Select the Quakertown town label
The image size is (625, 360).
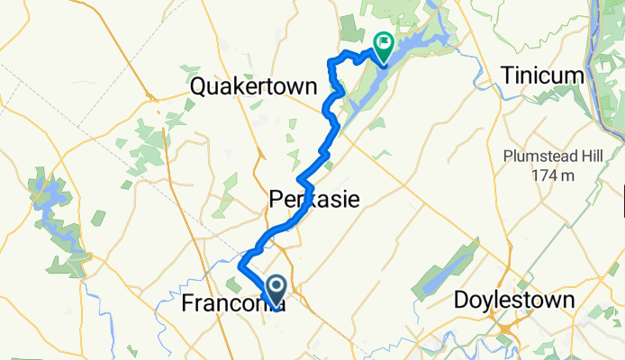(255, 87)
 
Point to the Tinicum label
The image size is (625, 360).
(545, 76)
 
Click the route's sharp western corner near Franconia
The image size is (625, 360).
(240, 267)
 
